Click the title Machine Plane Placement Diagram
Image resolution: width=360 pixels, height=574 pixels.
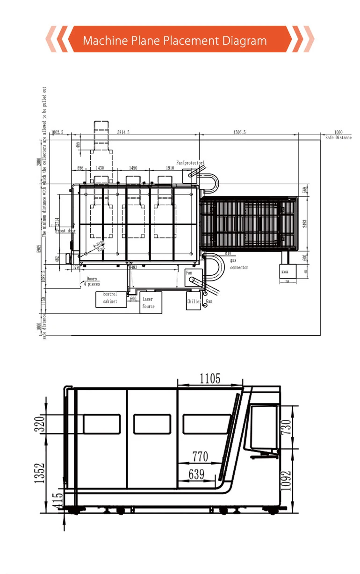tap(175, 41)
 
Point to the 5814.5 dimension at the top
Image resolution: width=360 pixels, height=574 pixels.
tap(123, 133)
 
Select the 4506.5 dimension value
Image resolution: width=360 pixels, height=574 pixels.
tap(246, 133)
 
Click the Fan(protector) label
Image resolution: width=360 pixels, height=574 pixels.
tap(190, 163)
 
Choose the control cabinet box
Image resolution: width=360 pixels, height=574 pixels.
tap(110, 298)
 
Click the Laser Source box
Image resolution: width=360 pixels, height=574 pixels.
tap(148, 302)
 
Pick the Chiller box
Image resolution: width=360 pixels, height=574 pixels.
tap(194, 301)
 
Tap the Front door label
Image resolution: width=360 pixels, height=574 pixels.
tap(65, 231)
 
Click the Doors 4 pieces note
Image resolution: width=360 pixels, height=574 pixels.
tap(92, 281)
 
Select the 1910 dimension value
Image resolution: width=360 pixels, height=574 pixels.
tap(170, 168)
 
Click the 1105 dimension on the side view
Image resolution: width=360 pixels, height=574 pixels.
tap(210, 379)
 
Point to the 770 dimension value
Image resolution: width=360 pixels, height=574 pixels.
tap(200, 456)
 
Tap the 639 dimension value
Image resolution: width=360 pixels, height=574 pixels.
tap(196, 474)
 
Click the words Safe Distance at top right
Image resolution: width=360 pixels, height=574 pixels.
tap(338, 138)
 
